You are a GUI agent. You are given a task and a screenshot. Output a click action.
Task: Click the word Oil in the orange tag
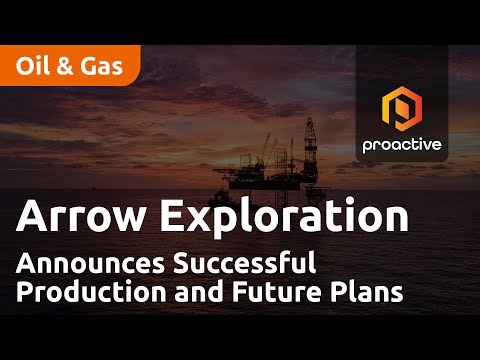(x=33, y=66)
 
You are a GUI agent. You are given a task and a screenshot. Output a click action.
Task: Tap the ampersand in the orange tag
(x=65, y=66)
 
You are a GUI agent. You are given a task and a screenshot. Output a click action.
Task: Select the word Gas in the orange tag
(x=102, y=66)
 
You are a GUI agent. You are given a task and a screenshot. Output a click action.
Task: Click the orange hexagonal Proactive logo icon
(x=402, y=109)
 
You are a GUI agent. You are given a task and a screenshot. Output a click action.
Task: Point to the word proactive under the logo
(x=402, y=145)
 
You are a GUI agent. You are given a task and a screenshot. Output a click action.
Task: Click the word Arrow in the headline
(x=80, y=216)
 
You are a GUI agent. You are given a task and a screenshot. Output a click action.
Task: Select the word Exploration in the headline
(x=284, y=217)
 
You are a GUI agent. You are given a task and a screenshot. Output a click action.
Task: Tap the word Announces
(x=90, y=263)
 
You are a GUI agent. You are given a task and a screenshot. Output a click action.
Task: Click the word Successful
(x=244, y=263)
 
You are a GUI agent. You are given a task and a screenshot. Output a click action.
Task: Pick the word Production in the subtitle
(x=91, y=292)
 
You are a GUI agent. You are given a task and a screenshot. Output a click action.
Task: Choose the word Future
(x=277, y=292)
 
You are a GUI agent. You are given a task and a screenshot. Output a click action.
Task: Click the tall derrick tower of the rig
(x=310, y=150)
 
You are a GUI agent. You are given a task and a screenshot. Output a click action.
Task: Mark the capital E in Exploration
(x=171, y=216)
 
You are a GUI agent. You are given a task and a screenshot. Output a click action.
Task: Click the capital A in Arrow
(x=32, y=216)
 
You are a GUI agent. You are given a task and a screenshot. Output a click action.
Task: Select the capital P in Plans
(x=337, y=292)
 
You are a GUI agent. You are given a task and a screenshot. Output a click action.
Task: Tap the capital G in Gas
(x=89, y=66)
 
